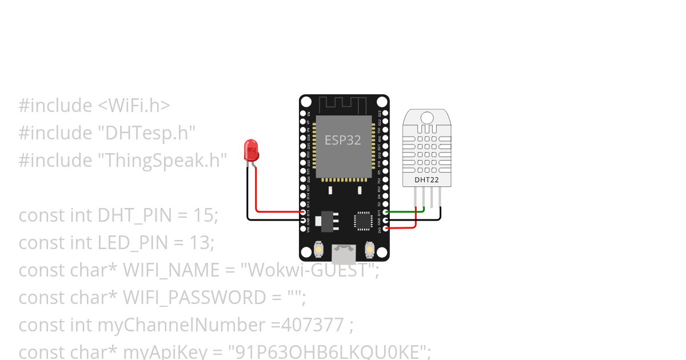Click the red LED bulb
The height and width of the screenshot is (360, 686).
(x=252, y=150)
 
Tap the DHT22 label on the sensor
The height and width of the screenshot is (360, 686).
(x=427, y=180)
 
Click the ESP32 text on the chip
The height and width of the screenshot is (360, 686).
(x=343, y=140)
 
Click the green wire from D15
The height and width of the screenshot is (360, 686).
(x=406, y=211)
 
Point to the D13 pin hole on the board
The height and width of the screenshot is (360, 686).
(x=304, y=212)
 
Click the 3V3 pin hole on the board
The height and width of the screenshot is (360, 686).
(x=386, y=229)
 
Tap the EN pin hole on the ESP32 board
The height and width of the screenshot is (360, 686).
(x=304, y=114)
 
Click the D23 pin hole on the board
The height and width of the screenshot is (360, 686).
(x=386, y=114)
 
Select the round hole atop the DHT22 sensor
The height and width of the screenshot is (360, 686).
(x=427, y=118)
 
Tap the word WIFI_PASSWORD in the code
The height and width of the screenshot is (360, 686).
(x=189, y=298)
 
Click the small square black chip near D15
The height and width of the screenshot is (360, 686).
(x=362, y=221)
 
